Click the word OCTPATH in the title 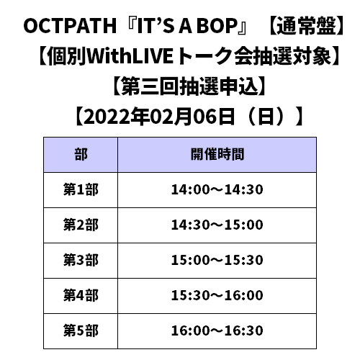tap(70, 26)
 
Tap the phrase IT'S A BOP tap(187, 26)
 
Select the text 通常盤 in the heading tap(307, 26)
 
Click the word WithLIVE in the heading tap(130, 56)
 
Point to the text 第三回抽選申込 tap(189, 86)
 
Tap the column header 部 tap(81, 154)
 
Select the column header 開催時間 tap(217, 154)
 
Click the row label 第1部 tap(81, 189)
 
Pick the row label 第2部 tap(81, 225)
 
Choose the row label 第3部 tap(81, 260)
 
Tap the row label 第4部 tap(81, 295)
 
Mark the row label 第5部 tap(81, 330)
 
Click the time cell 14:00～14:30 tap(217, 189)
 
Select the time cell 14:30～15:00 tap(217, 225)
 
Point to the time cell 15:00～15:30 tap(217, 260)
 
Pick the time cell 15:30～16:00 tap(217, 295)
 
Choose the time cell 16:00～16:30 tap(217, 330)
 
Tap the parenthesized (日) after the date tap(266, 117)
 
